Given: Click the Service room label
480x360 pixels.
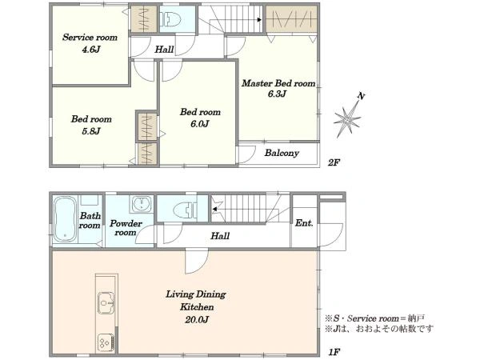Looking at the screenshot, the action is click(x=90, y=38).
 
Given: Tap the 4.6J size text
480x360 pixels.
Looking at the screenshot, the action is click(x=91, y=50).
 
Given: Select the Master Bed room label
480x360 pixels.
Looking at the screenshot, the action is click(x=278, y=83).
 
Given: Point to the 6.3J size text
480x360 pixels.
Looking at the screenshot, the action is click(x=277, y=94).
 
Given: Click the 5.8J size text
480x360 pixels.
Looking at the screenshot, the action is click(x=91, y=131).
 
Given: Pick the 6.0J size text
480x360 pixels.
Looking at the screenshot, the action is click(x=199, y=124).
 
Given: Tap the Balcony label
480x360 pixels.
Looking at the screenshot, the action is click(x=282, y=153).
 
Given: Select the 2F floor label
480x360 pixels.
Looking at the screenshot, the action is click(x=334, y=162).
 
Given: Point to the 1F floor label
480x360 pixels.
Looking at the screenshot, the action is click(x=334, y=352).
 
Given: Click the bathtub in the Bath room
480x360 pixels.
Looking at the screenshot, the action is click(x=65, y=219).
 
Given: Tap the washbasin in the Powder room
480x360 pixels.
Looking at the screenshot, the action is click(x=141, y=204).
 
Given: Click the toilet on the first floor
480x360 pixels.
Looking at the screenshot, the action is click(x=185, y=210).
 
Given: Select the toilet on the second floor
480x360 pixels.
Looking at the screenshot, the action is click(x=170, y=19).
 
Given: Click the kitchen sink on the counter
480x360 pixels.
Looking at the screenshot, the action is click(x=106, y=303).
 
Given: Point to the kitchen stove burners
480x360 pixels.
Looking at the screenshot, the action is click(x=106, y=342).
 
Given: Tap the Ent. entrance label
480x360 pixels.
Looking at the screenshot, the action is click(x=304, y=223).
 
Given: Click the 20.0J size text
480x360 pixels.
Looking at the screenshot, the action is click(x=197, y=320).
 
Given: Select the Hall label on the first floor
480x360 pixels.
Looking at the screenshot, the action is click(x=220, y=236).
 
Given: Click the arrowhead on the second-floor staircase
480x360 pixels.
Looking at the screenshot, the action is click(x=259, y=20).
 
